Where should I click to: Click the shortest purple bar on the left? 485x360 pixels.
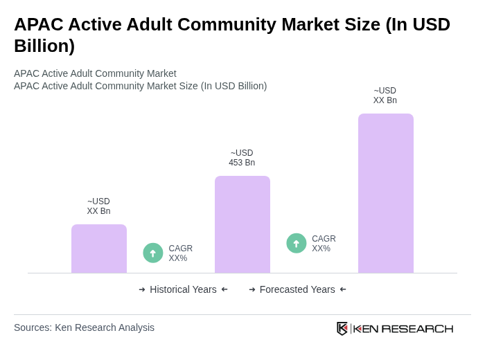click(99, 249)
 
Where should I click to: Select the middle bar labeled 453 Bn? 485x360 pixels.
click(242, 224)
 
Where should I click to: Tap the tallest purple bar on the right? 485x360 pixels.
click(385, 193)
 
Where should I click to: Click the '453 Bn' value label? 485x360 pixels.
click(242, 163)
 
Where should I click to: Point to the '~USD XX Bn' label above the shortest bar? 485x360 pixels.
click(98, 206)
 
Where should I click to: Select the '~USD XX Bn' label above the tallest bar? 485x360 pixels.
click(385, 96)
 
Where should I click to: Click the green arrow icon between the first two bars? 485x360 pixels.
click(153, 253)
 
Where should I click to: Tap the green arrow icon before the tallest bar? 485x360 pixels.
click(297, 244)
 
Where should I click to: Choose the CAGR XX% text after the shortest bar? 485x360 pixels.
click(180, 253)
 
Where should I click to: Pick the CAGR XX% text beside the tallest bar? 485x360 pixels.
click(324, 244)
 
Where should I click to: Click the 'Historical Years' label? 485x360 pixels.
click(183, 289)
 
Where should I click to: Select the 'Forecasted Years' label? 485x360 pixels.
click(297, 289)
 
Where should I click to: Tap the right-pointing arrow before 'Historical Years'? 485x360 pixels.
click(142, 289)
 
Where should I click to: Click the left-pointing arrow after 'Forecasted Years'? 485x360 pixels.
click(343, 289)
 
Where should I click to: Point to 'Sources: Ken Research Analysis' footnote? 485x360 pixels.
click(84, 327)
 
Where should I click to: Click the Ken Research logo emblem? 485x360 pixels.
click(342, 328)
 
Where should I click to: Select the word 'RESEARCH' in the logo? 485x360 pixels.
click(417, 328)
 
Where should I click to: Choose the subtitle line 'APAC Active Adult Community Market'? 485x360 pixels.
click(95, 73)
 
